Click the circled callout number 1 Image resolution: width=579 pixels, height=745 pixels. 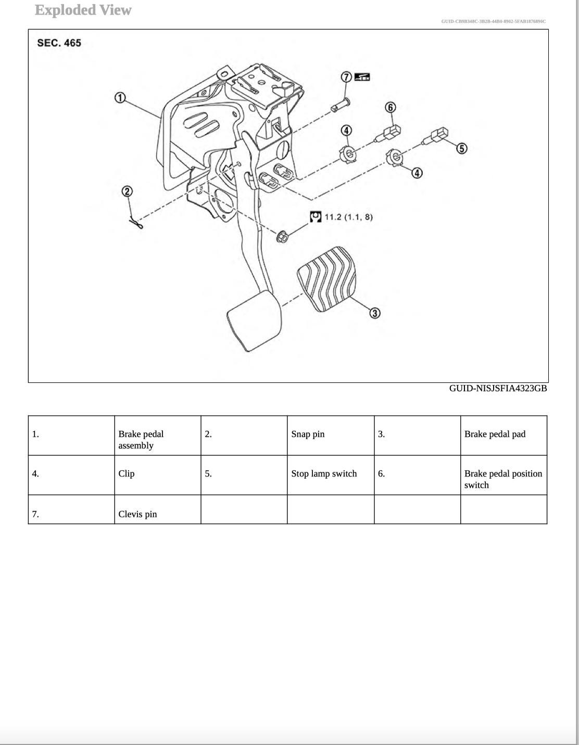120,98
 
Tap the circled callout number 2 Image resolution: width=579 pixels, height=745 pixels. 127,191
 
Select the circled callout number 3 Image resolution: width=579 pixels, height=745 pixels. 375,313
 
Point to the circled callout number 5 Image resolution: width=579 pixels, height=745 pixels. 461,149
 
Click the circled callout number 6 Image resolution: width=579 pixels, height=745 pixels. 390,108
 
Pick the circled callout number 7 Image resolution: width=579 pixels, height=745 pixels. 346,77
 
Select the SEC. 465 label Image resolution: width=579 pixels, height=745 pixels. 59,43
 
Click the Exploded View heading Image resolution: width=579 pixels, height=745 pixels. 83,10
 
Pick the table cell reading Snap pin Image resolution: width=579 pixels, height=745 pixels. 308,434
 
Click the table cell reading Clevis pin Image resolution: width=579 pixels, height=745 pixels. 137,514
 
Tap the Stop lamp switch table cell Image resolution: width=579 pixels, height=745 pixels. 324,473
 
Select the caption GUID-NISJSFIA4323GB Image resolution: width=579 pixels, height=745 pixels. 498,388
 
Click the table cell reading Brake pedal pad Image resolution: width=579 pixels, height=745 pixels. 495,434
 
